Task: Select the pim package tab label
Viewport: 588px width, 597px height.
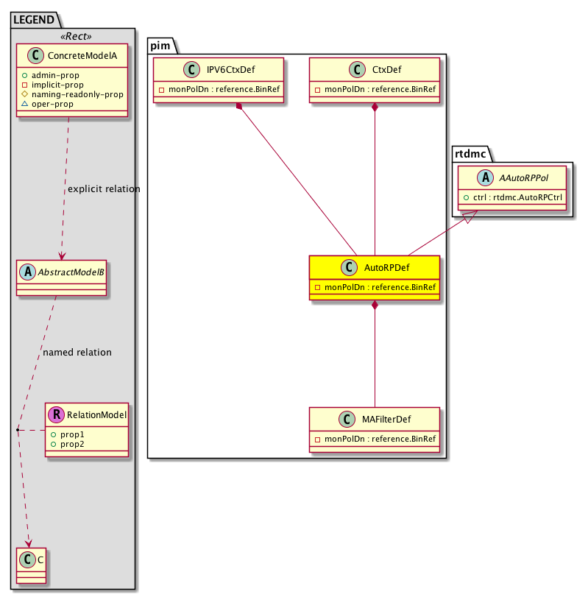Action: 160,46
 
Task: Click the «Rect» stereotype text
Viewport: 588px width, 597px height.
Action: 73,36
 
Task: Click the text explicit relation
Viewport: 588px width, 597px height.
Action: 104,189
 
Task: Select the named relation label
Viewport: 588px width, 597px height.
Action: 77,353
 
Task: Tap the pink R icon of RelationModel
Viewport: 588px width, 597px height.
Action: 56,415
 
